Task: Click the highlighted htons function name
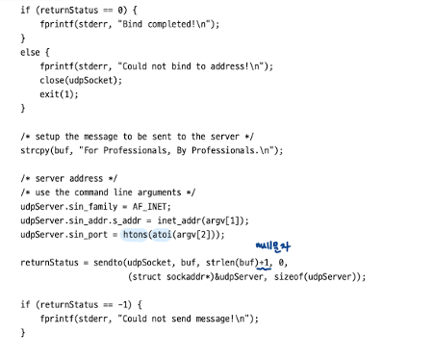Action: click(x=135, y=235)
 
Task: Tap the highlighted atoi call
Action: click(x=162, y=235)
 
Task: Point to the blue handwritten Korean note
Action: click(x=273, y=246)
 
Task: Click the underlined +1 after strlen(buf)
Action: click(x=265, y=263)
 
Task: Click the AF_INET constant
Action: click(x=151, y=207)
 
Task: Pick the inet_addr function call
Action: click(x=202, y=220)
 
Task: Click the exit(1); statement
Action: click(x=59, y=94)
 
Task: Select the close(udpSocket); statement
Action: click(x=81, y=80)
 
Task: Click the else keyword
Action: click(x=30, y=52)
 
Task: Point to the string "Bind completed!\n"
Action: click(x=165, y=24)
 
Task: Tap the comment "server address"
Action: click(x=69, y=178)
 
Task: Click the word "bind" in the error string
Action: click(x=181, y=66)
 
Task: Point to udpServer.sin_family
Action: click(x=69, y=207)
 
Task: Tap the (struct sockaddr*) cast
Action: click(x=171, y=276)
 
